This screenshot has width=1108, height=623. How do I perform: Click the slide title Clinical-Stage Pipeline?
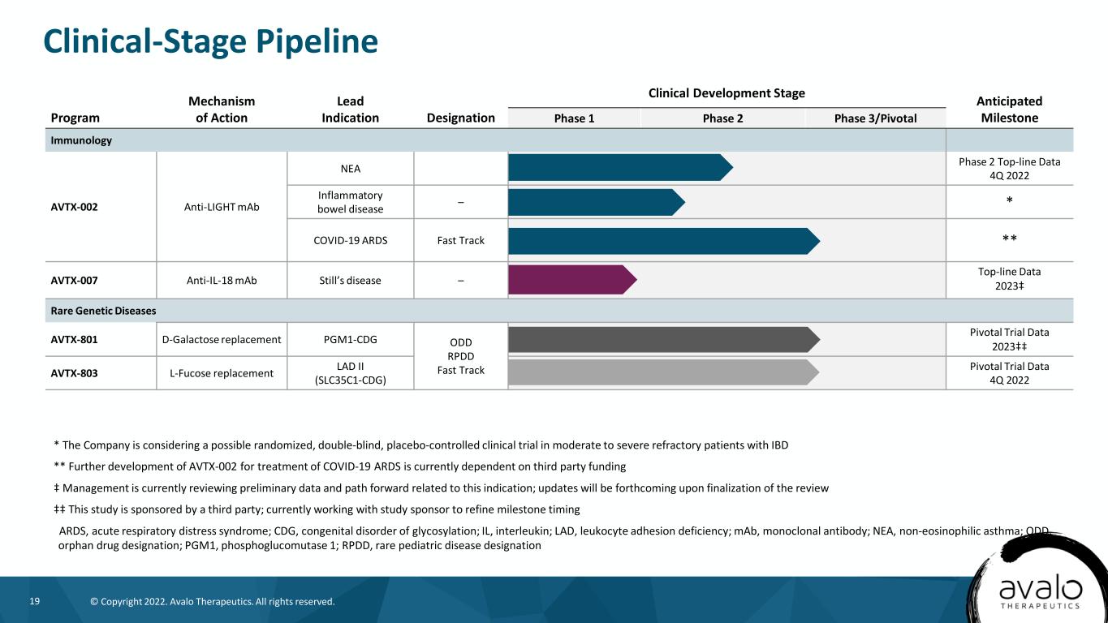point(211,41)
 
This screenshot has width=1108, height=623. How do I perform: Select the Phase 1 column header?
point(574,118)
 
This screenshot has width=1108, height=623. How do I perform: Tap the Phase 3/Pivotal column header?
point(875,118)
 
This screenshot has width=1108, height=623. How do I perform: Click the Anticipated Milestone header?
point(1009,110)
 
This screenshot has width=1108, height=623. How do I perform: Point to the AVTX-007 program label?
point(74,281)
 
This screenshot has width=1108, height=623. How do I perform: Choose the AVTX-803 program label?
point(74,373)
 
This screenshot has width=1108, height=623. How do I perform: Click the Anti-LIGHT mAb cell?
point(222,207)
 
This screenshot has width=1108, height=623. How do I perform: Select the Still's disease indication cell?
point(350,281)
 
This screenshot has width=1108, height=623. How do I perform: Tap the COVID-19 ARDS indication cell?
point(350,240)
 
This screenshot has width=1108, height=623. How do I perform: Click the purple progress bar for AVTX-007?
point(572,280)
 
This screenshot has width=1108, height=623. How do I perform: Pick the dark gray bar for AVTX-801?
point(664,340)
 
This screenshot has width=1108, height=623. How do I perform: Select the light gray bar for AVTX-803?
point(663,372)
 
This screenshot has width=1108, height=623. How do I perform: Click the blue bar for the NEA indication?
point(620,168)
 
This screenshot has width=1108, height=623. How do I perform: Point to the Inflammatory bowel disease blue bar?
point(597,202)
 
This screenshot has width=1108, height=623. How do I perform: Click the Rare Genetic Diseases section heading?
point(103,311)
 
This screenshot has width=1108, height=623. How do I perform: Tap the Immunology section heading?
point(81,140)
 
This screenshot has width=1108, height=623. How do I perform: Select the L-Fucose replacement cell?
point(222,373)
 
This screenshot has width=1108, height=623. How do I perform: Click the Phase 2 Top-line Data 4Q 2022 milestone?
point(1009,169)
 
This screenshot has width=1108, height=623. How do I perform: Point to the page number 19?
point(35,601)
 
